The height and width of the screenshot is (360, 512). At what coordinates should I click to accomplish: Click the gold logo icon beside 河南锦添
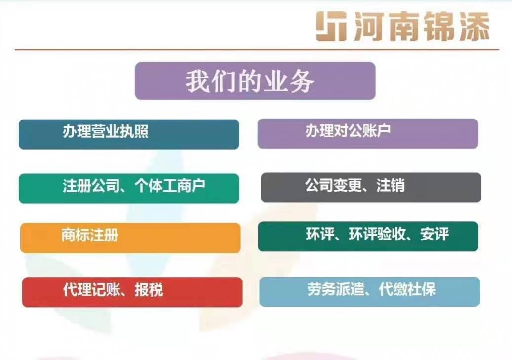[x=331, y=27]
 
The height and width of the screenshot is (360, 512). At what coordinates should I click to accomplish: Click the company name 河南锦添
[x=422, y=27]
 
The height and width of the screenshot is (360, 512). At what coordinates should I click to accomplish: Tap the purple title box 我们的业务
[x=255, y=80]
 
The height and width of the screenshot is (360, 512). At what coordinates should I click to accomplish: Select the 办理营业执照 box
[x=129, y=134]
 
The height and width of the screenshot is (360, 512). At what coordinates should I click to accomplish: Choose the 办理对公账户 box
[x=368, y=133]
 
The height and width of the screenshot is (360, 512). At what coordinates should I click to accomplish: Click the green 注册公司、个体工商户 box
[x=129, y=189]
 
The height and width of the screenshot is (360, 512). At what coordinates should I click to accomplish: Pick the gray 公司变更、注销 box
[x=371, y=188]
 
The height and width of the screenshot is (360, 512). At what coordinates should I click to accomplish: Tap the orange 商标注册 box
[x=130, y=238]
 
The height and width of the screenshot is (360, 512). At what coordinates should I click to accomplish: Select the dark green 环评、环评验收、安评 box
[x=368, y=236]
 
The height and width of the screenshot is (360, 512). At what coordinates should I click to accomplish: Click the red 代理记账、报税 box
[x=132, y=292]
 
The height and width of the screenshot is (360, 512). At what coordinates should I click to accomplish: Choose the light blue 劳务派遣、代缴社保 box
[x=370, y=291]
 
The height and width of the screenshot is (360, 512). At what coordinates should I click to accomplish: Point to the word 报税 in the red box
[x=149, y=290]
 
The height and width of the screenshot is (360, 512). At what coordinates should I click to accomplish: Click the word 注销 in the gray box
[x=391, y=185]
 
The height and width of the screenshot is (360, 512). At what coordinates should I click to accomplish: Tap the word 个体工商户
[x=170, y=186]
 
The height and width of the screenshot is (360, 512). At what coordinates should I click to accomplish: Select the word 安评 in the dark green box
[x=434, y=234]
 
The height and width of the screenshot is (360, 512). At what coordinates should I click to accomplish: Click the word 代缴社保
[x=407, y=289]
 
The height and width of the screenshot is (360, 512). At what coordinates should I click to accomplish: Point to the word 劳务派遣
[x=335, y=289]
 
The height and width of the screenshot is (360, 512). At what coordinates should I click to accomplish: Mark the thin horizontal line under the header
[x=257, y=50]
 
